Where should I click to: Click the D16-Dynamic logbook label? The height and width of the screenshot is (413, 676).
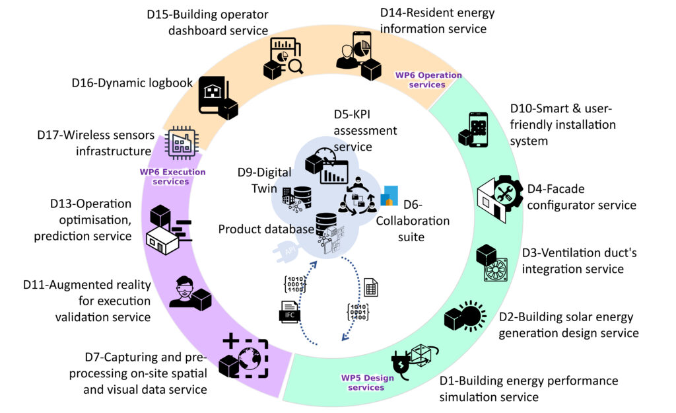click(x=131, y=83)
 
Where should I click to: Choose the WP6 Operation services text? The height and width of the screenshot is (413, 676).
click(x=420, y=80)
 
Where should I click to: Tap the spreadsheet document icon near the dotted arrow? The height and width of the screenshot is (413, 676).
click(x=371, y=287)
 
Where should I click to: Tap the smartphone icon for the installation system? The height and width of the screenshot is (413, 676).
click(x=474, y=130)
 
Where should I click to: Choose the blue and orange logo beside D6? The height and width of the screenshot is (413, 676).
click(x=389, y=196)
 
